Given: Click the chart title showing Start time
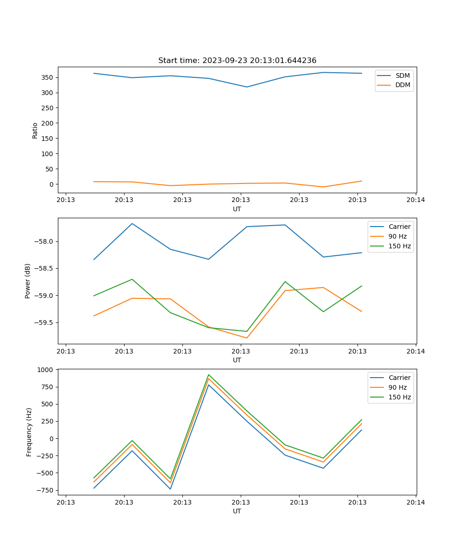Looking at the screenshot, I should click(237, 61).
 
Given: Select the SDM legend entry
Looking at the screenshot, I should click(402, 76).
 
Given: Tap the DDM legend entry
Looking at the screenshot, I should click(402, 85).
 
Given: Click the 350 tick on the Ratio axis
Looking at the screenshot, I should click(48, 77).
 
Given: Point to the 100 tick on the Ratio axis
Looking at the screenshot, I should click(48, 154).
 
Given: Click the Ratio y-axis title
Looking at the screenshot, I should click(35, 130).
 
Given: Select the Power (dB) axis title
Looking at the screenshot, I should click(28, 281).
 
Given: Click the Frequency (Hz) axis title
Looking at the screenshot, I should click(29, 432).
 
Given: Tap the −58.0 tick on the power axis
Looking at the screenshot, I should click(43, 242).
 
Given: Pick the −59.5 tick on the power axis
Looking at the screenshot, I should click(43, 323).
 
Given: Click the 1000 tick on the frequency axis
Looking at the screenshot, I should click(46, 370).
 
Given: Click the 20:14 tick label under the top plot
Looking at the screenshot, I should click(416, 200).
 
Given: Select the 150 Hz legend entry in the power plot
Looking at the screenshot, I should click(399, 246).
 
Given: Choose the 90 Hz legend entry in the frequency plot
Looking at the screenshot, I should click(397, 387).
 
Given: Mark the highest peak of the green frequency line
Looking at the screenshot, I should click(209, 374).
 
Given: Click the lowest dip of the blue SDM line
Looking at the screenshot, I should click(247, 87).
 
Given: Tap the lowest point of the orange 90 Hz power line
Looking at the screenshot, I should click(247, 338).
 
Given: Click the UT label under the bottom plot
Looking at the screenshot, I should click(237, 511).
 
